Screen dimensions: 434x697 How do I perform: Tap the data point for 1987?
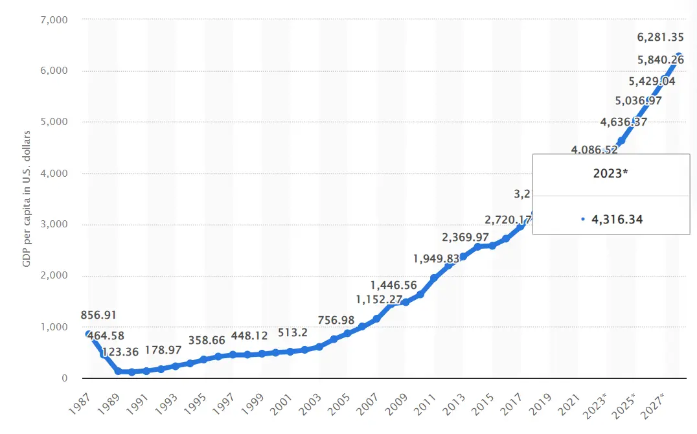pyautogui.click(x=89, y=334)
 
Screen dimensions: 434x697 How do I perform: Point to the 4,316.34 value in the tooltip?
pyautogui.click(x=616, y=220)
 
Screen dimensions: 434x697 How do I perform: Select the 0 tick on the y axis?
pyautogui.click(x=64, y=378)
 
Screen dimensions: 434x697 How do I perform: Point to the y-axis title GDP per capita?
pyautogui.click(x=27, y=199)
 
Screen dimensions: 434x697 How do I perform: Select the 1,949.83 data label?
pyautogui.click(x=436, y=259)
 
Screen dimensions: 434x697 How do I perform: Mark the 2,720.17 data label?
pyautogui.click(x=507, y=219)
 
